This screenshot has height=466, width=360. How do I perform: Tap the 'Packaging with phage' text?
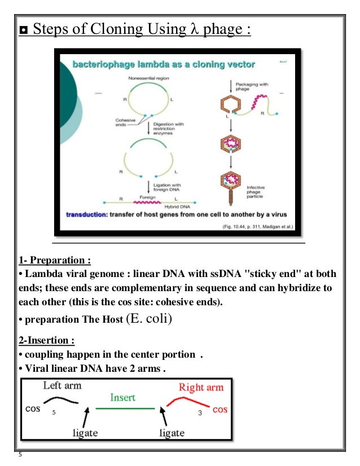point(257,85)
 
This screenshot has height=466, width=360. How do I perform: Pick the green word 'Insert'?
point(123,397)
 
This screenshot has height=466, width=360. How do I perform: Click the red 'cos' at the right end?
point(220,410)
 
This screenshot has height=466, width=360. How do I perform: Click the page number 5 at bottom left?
point(20,456)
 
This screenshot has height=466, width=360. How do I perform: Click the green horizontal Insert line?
point(124,408)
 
